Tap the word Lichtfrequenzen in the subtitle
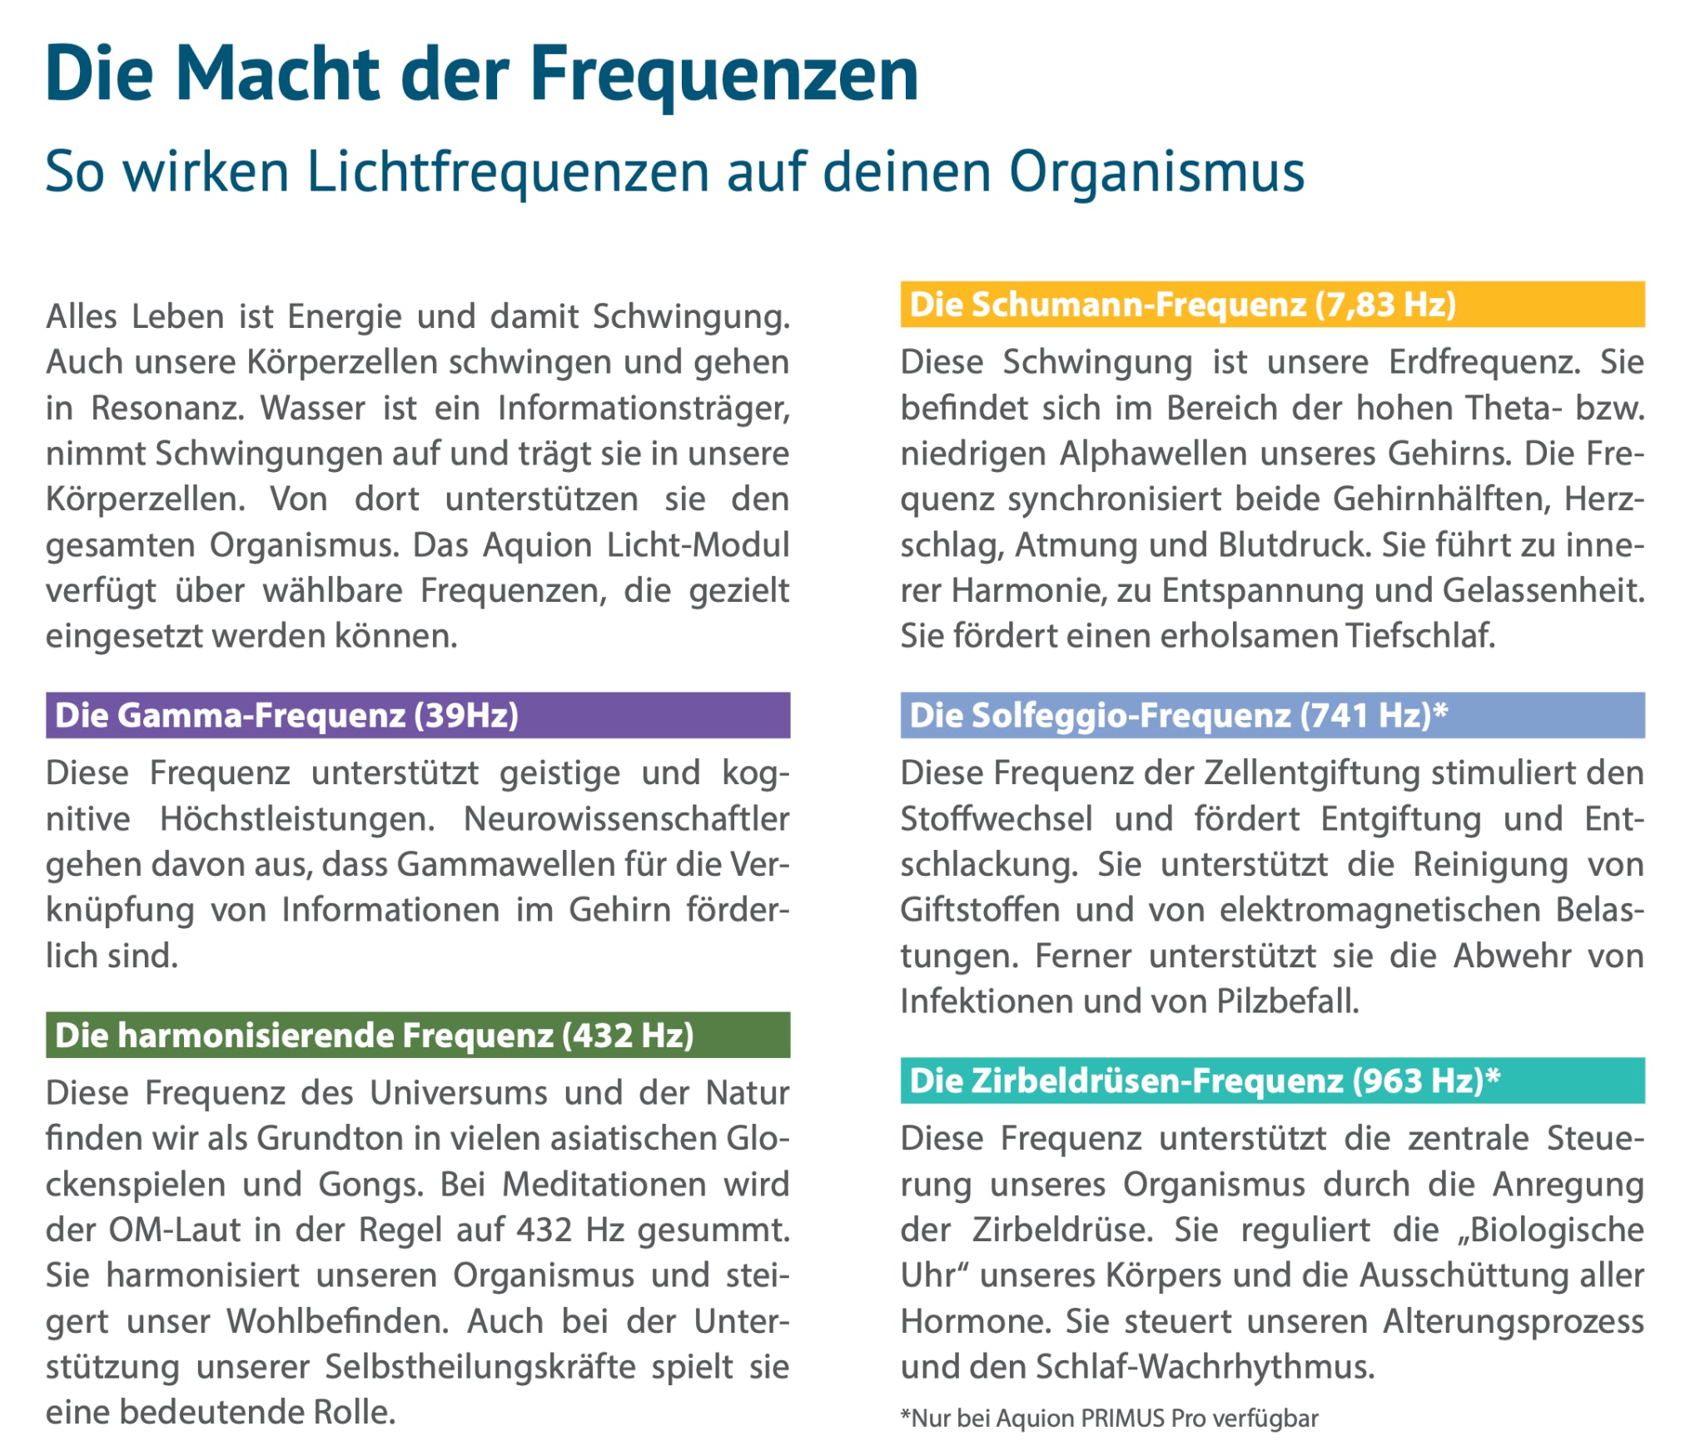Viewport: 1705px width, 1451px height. point(508,172)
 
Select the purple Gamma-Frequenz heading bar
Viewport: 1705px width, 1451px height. point(417,715)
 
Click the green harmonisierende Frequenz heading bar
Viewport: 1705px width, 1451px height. point(417,1035)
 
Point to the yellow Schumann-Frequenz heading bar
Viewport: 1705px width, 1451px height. point(1271,305)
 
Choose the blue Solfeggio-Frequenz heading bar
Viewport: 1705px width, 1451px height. point(1271,715)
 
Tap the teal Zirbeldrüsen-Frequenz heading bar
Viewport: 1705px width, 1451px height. point(1271,1081)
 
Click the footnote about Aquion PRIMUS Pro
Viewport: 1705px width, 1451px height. point(1109,1418)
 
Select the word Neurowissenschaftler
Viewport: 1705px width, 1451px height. point(626,819)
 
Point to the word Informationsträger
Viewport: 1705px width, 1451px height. point(644,408)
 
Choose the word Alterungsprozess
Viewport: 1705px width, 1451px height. point(1513,1321)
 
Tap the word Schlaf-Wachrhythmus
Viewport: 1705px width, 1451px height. point(1205,1367)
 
